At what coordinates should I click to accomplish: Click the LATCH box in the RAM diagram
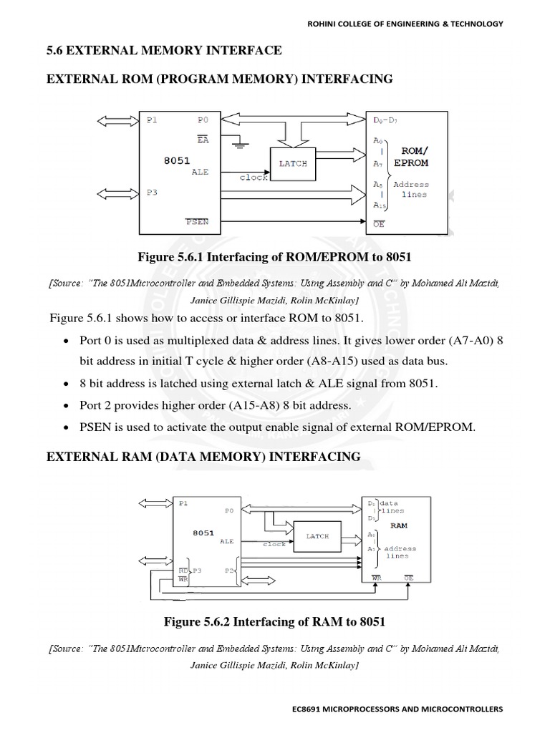317,535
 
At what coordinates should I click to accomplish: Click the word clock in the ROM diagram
254,178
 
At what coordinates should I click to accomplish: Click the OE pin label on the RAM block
409,576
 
